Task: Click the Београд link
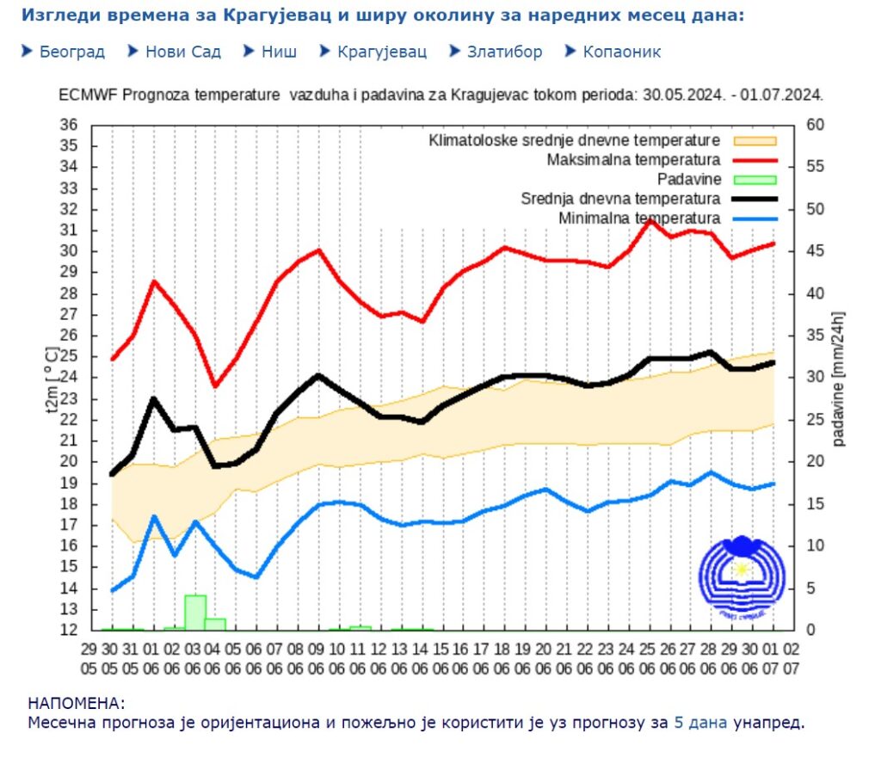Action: pyautogui.click(x=72, y=52)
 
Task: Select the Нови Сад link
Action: pyautogui.click(x=182, y=52)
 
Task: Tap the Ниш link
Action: pyautogui.click(x=280, y=52)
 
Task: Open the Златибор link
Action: pyautogui.click(x=504, y=52)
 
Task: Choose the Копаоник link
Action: pyautogui.click(x=621, y=52)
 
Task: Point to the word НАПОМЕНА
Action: pyautogui.click(x=76, y=704)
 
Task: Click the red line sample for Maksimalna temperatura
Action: pyautogui.click(x=755, y=160)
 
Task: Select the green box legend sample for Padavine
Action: pyautogui.click(x=755, y=180)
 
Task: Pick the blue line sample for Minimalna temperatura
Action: pyautogui.click(x=755, y=219)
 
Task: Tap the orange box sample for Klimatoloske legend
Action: pyautogui.click(x=755, y=140)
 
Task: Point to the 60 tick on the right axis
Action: pyautogui.click(x=815, y=125)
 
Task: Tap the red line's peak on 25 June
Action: pyautogui.click(x=650, y=220)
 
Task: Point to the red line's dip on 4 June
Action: pyautogui.click(x=216, y=386)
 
